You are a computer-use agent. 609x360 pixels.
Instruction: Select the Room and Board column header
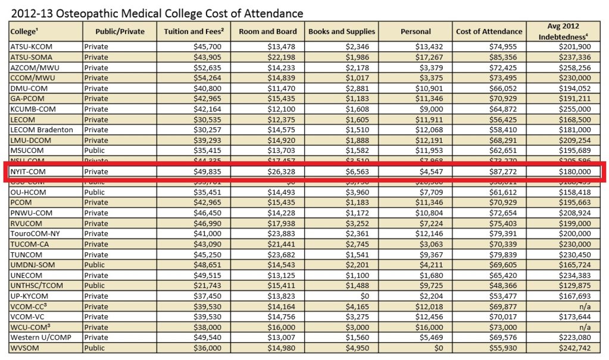point(267,32)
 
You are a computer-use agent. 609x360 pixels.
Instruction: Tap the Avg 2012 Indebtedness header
point(566,32)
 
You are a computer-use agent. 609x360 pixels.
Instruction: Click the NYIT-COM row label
point(28,172)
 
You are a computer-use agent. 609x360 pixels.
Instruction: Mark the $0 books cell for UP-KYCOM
point(368,296)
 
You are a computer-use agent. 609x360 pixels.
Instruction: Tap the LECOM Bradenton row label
point(42,130)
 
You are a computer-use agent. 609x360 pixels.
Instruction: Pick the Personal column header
point(416,32)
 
